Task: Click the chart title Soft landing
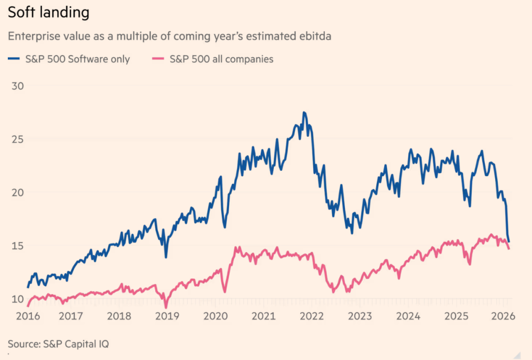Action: coord(48,12)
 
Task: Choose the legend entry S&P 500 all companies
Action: coord(221,59)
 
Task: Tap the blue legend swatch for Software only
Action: coord(15,59)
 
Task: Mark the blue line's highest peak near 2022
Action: coord(304,113)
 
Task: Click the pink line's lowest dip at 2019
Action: coord(166,307)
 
